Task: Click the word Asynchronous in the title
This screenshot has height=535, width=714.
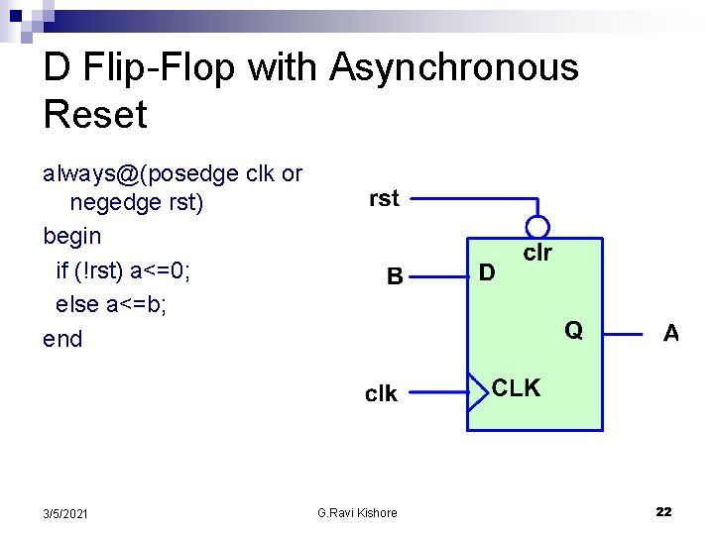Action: coord(454,68)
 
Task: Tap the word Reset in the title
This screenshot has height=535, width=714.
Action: coord(95,115)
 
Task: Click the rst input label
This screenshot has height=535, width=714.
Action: coord(384,198)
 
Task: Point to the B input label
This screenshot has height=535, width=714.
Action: coord(395,276)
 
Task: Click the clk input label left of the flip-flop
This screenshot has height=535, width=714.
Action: coord(381,394)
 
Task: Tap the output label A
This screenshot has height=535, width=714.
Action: coord(671,334)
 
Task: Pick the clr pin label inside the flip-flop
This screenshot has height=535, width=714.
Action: coord(537,253)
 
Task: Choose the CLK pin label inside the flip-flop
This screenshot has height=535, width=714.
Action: coord(517,388)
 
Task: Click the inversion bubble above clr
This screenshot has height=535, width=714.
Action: coord(537,227)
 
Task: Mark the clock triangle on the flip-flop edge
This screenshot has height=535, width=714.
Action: coord(476,392)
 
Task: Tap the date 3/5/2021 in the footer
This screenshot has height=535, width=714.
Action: coord(65,512)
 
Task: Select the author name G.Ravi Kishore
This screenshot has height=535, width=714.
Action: coord(357,512)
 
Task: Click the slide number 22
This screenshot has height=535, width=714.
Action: coord(663,511)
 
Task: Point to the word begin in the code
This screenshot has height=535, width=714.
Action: coord(72,236)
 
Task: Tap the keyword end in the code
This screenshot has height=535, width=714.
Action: coord(62,339)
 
